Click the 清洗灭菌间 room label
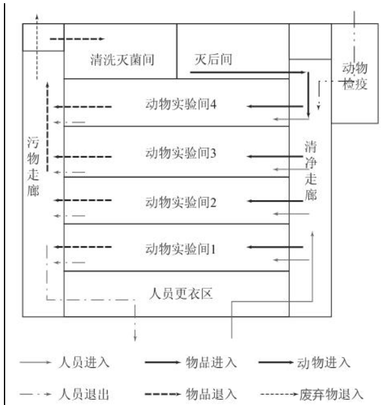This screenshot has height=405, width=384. coord(122,60)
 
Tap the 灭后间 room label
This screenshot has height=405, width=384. coord(213,59)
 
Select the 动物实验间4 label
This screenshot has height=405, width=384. coord(181,104)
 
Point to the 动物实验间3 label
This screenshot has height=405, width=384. coord(181,153)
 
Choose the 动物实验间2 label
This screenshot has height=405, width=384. coord(181,202)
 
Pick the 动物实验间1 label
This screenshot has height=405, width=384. coord(180,249)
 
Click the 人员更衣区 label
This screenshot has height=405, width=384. coord(181,294)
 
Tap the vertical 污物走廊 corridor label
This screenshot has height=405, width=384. coord(33,167)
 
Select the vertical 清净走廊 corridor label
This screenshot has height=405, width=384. coord(311,170)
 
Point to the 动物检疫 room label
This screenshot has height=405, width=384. coord(355,76)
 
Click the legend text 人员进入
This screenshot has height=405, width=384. coord(84,362)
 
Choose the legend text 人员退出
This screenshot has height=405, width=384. coord(84,394)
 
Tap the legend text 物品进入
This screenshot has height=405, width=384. coord(211,362)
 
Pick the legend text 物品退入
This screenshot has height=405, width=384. coord(211,394)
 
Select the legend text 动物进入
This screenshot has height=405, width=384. coord(324,362)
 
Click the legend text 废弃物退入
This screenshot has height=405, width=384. coord(331,395)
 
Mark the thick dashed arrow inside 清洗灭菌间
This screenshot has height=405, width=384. coord(77,39)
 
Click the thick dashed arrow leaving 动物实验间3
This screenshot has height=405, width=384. coord(82,157)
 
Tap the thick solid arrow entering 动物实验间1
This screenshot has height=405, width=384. coord(275,247)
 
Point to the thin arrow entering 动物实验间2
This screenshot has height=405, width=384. coord(291,214)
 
